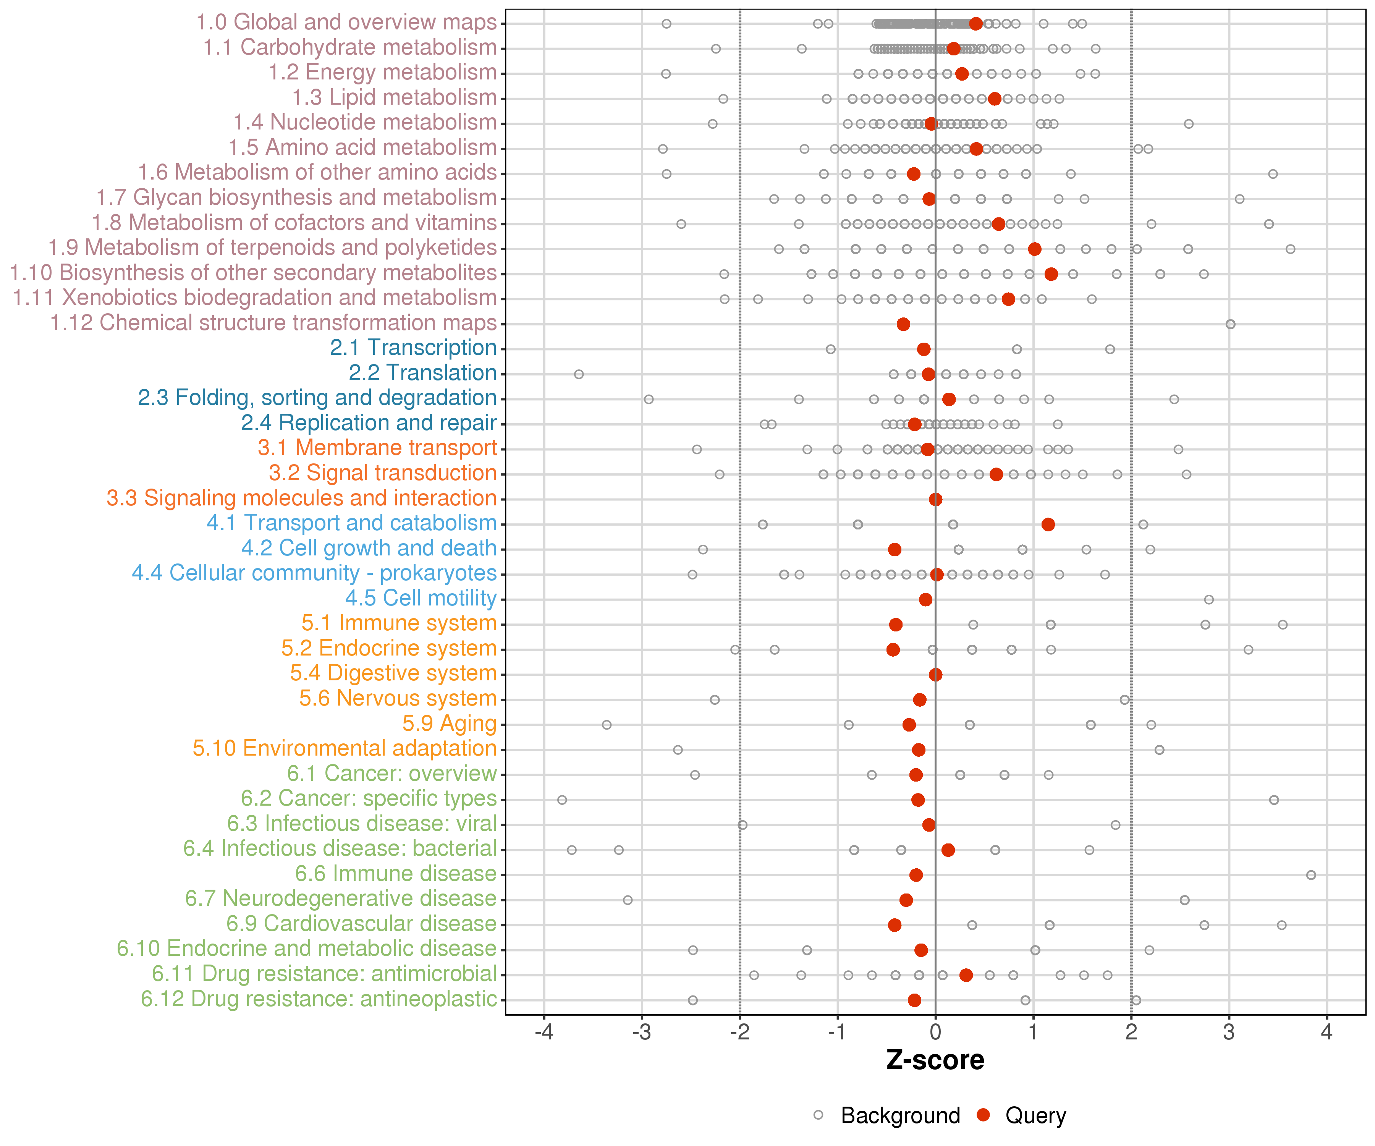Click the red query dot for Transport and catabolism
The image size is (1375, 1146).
pyautogui.click(x=1048, y=524)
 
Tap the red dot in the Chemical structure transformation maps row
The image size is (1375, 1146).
pyautogui.click(x=903, y=324)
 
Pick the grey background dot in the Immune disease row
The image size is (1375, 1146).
pyautogui.click(x=1311, y=875)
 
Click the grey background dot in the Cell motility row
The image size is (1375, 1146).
pyautogui.click(x=1209, y=599)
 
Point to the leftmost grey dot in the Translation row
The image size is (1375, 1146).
pyautogui.click(x=579, y=374)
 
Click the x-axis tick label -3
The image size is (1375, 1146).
pyautogui.click(x=642, y=1033)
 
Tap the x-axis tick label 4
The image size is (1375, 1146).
pyautogui.click(x=1326, y=1033)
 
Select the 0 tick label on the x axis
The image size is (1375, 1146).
pyautogui.click(x=935, y=1033)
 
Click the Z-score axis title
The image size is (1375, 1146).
pyautogui.click(x=935, y=1060)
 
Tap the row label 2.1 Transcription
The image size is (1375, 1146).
pyautogui.click(x=413, y=348)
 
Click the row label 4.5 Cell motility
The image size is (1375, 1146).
pyautogui.click(x=421, y=598)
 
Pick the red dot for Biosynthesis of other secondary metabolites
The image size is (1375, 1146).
pyautogui.click(x=1051, y=274)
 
